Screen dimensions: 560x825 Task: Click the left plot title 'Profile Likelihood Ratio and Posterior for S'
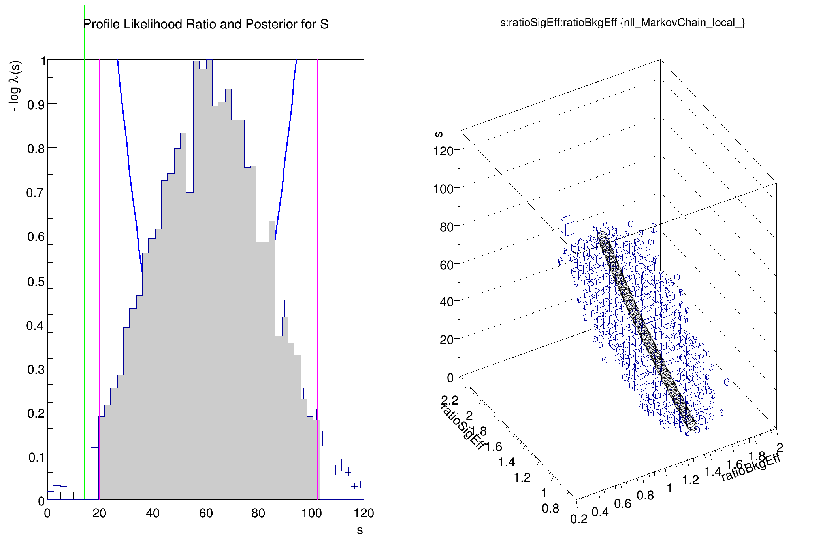point(205,25)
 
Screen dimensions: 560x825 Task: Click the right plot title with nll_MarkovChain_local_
point(622,23)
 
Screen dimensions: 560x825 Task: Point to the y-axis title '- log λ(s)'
point(15,86)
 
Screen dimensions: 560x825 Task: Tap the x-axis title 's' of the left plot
point(360,530)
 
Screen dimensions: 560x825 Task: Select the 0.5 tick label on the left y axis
point(36,282)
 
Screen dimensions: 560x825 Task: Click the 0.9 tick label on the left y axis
point(36,105)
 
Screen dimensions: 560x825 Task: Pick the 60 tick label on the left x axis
point(206,513)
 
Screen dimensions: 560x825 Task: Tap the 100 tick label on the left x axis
point(311,513)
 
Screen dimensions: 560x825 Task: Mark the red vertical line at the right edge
point(363,277)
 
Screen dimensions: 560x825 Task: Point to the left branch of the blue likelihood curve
point(128,158)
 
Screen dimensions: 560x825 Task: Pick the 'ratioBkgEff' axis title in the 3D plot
point(751,467)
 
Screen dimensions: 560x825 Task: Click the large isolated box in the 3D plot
point(569,225)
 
